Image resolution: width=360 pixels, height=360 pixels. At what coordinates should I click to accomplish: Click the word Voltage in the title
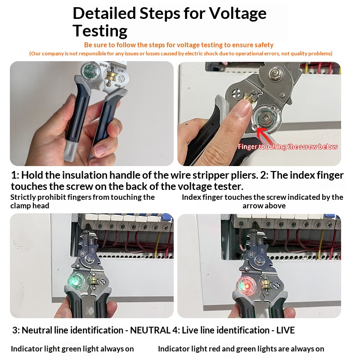[x=238, y=13]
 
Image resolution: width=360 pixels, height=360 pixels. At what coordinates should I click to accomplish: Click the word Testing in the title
[x=100, y=31]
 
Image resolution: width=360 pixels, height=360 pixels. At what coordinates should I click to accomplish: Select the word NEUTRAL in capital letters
[x=150, y=330]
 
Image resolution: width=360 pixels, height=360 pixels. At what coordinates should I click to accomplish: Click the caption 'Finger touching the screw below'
[x=288, y=147]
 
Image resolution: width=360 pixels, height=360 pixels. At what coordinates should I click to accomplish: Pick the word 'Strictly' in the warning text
[x=23, y=197]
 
